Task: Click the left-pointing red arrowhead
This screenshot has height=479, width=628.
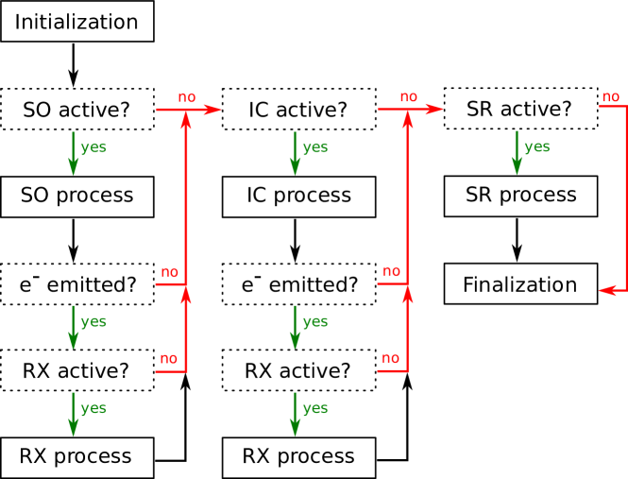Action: (606, 290)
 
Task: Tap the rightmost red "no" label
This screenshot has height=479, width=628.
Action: (610, 96)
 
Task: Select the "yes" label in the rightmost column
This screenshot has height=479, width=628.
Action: (536, 146)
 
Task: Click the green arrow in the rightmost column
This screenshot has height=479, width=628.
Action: (517, 152)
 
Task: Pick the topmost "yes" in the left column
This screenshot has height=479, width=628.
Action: (93, 147)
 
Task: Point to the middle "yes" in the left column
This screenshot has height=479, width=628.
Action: (93, 321)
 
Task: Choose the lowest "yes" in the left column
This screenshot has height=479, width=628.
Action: (93, 408)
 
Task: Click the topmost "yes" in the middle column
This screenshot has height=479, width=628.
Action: (314, 147)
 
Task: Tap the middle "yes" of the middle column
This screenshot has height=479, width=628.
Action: (314, 321)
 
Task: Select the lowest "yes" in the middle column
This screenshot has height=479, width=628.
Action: (314, 408)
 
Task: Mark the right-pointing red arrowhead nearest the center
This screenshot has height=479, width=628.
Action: (434, 110)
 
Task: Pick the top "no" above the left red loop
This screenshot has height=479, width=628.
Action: (187, 96)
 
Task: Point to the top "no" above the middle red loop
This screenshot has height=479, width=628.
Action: (408, 96)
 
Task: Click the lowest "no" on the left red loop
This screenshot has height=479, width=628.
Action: (168, 358)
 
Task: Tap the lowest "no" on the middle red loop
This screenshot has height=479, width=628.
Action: (390, 358)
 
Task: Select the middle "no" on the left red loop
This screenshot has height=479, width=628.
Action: (169, 272)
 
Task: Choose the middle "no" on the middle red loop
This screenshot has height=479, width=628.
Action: (391, 271)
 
